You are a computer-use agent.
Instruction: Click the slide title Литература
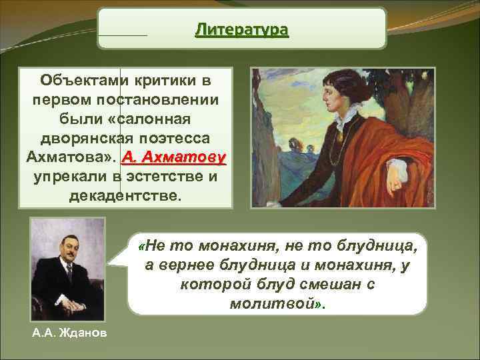(241, 30)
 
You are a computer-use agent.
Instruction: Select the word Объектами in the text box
(80, 81)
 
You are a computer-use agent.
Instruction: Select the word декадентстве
(125, 195)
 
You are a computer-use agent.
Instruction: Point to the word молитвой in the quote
(275, 303)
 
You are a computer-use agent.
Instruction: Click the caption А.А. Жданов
(68, 332)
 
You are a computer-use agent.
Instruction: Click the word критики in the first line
(163, 81)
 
